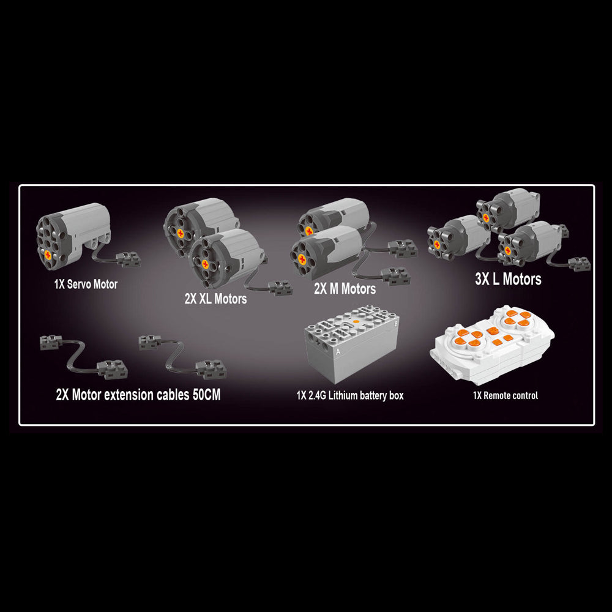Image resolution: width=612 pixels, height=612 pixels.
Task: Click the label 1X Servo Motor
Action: point(86,284)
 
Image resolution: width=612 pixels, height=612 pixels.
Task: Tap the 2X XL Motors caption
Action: point(215,299)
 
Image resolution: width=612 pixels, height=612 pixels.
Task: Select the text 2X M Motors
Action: point(345,288)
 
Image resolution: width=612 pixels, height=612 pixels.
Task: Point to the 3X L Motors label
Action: point(508,278)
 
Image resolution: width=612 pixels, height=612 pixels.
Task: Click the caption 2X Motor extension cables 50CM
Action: point(138,394)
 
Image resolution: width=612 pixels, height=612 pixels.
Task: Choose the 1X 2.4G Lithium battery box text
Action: point(349,395)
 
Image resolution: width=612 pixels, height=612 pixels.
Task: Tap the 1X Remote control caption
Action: point(505,395)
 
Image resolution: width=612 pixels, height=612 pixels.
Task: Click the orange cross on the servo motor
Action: point(48,255)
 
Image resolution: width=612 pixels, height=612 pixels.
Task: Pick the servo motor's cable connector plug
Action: point(128,259)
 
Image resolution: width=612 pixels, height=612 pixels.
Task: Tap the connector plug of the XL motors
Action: point(281,288)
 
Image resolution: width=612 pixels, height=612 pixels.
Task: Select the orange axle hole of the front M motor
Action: point(302,258)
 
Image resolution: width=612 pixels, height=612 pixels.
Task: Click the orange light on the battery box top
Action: point(356,322)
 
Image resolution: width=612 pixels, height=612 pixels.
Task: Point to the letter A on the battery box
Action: point(338,351)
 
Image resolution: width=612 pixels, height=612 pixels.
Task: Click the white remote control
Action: point(492,344)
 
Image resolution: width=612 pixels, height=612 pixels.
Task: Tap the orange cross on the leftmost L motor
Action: point(436,245)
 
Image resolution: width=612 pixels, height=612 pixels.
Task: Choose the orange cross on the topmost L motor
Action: point(485,218)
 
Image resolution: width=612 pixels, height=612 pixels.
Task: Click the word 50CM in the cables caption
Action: point(206,394)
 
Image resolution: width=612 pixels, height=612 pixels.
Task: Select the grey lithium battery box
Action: point(351,344)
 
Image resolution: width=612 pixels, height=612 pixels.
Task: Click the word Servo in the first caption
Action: point(78,284)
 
